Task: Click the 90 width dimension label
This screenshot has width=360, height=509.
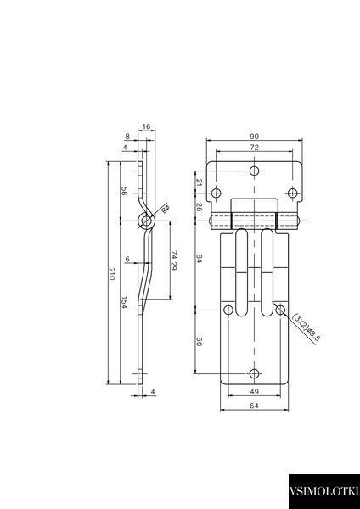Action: (x=255, y=136)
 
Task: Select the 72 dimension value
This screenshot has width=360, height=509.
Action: (x=255, y=148)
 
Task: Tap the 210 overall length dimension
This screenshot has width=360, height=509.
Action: (x=112, y=274)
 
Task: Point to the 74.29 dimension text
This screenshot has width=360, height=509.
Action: (x=174, y=260)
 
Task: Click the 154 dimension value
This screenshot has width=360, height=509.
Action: (x=125, y=302)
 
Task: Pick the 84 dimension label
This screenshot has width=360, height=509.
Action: (x=200, y=259)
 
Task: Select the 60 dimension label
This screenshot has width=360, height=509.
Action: (x=200, y=342)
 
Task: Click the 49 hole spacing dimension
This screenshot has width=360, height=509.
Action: (x=255, y=392)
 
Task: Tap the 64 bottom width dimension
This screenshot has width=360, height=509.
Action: (x=255, y=406)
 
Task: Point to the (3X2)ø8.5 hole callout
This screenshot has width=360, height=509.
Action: (x=307, y=329)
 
